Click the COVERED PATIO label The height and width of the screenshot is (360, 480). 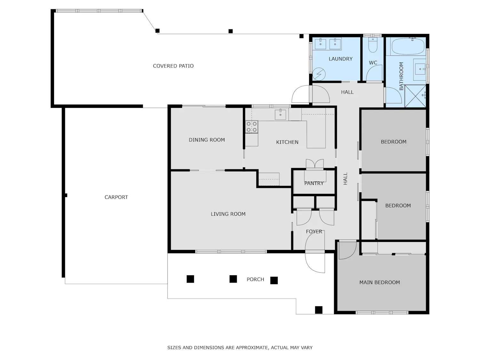pos(173,66)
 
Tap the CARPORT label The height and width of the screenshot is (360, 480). pos(116,197)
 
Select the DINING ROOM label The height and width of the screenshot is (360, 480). pos(207,140)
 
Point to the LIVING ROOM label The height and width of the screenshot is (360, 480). pos(228,214)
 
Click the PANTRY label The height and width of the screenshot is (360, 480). pos(314,183)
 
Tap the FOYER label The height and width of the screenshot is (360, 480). pos(314,231)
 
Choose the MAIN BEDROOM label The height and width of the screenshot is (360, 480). pos(380,283)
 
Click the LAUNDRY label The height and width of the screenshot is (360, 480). pos(340,59)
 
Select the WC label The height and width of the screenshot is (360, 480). pos(373,63)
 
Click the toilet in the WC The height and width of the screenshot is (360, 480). pos(372,45)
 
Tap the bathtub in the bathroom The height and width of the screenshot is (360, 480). pos(408,46)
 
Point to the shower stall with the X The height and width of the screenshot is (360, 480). pos(415,96)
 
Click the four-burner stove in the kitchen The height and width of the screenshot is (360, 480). pos(252,127)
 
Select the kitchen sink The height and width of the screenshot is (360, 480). pos(280,114)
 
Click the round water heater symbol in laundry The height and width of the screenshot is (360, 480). pos(319,74)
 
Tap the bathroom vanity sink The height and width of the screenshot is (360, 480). pos(420,69)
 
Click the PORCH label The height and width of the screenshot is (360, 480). pos(255,279)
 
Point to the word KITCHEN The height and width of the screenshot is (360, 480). pos(287,142)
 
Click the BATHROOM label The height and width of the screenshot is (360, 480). pos(401,76)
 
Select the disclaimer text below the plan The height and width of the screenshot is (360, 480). pos(240,348)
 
